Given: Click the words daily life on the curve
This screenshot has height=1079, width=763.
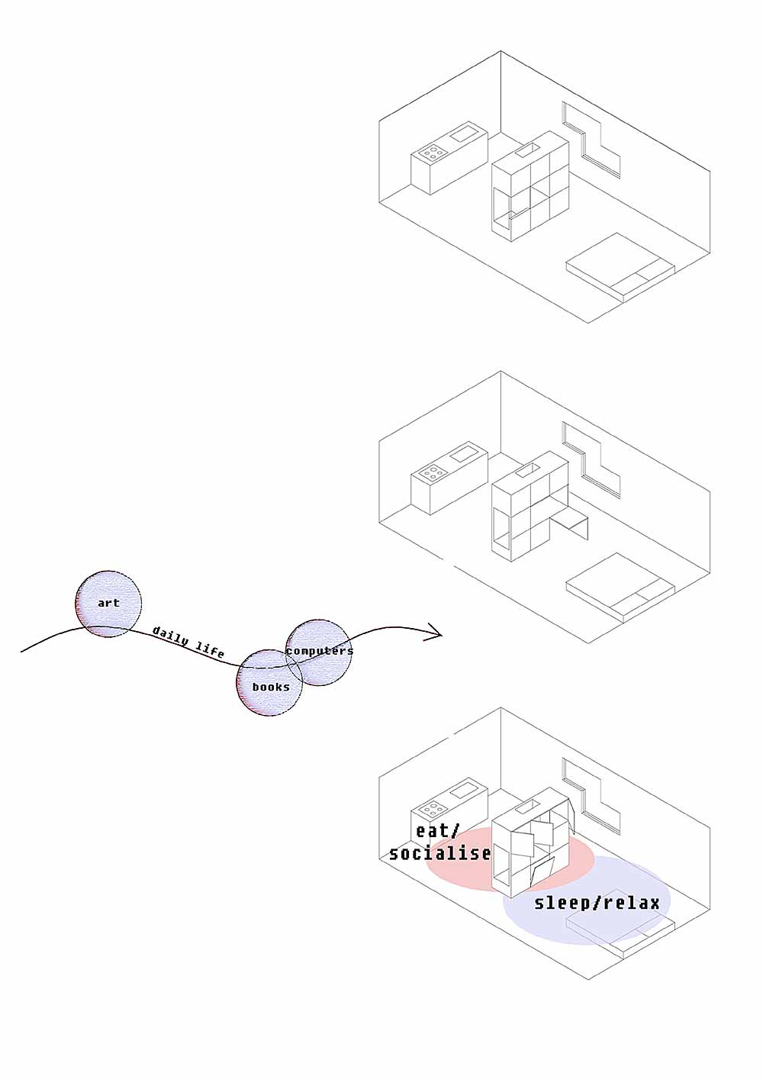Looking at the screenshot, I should coord(188,642).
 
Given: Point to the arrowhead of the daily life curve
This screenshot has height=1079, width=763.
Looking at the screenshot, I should coord(436,632).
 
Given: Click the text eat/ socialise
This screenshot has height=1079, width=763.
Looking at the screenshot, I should coord(439,842).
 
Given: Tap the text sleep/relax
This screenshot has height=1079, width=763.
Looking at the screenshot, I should coord(597,903).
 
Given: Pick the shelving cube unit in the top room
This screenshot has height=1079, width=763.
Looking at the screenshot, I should coord(529,191).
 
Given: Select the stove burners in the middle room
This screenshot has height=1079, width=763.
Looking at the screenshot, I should coord(433,473).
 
